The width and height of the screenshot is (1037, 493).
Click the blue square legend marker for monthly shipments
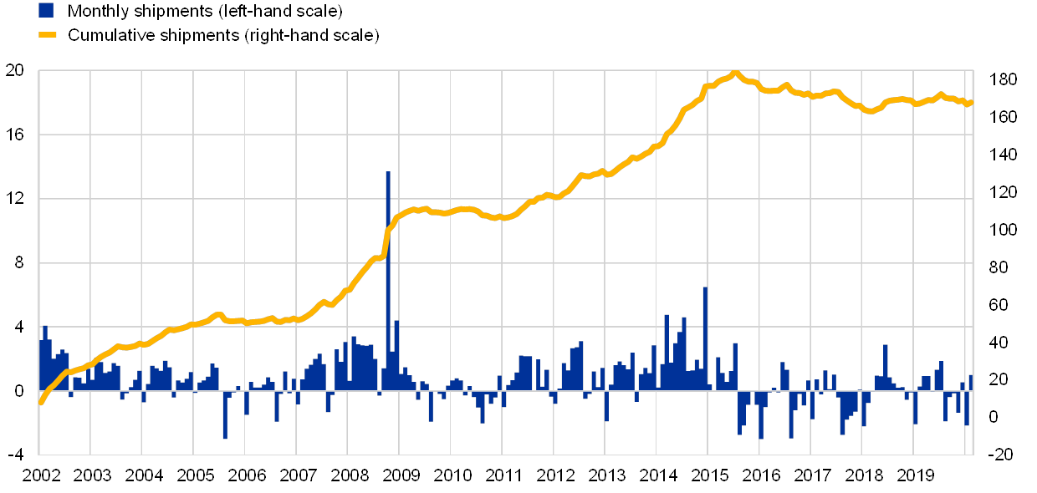(47, 11)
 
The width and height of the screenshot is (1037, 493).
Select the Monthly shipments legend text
(205, 11)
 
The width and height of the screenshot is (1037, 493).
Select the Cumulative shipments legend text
(223, 35)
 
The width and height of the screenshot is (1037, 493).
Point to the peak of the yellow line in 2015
(735, 73)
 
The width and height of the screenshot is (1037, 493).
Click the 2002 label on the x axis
(41, 475)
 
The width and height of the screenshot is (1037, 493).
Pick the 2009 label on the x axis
(400, 475)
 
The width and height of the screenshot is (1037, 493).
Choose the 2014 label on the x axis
(657, 475)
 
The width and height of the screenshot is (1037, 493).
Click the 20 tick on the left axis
(15, 71)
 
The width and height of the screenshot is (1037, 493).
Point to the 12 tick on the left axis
(15, 199)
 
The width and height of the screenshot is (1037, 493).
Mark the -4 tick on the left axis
(17, 454)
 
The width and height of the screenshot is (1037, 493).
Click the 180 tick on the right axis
(1003, 78)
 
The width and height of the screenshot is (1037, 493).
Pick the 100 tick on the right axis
(1003, 228)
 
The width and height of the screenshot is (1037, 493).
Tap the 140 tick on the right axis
(1003, 153)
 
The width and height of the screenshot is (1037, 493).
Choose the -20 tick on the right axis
(1003, 454)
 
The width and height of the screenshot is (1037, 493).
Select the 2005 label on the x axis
(194, 475)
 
